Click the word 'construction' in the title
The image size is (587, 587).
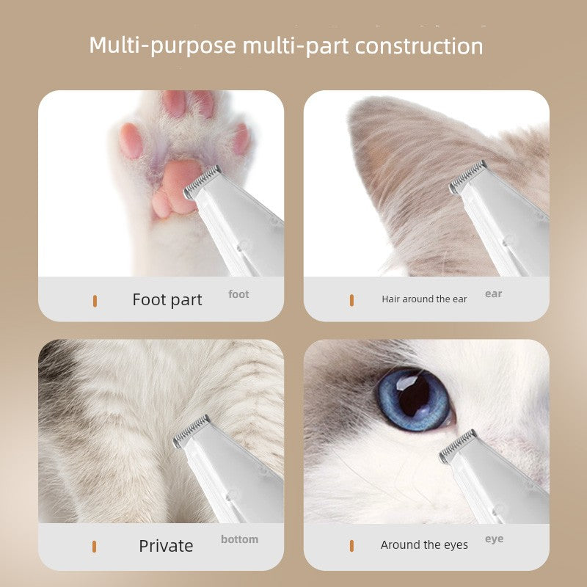coord(419,45)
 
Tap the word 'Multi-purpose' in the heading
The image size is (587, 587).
coord(162,46)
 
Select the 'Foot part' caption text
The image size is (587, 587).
coord(167,300)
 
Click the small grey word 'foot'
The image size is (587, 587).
coord(238,294)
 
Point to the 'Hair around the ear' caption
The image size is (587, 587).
coord(424,299)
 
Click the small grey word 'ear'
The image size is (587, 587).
coord(493,294)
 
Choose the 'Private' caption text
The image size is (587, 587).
coord(166,546)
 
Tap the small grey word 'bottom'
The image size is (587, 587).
coord(240,539)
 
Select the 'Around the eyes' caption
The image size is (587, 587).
coord(424,545)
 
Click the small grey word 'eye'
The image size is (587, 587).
coord(494,539)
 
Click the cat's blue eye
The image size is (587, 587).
coord(415,399)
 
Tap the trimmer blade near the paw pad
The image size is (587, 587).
coord(203,182)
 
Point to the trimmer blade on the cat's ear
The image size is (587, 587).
coord(468,177)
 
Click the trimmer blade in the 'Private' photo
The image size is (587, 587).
coord(192,431)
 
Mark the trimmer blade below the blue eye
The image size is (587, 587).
coord(458,446)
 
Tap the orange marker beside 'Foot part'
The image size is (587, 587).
coord(95,301)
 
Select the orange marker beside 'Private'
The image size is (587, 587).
coord(95,547)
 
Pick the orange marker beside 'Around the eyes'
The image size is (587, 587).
coord(351,546)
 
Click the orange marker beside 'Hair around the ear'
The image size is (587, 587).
coord(351,300)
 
